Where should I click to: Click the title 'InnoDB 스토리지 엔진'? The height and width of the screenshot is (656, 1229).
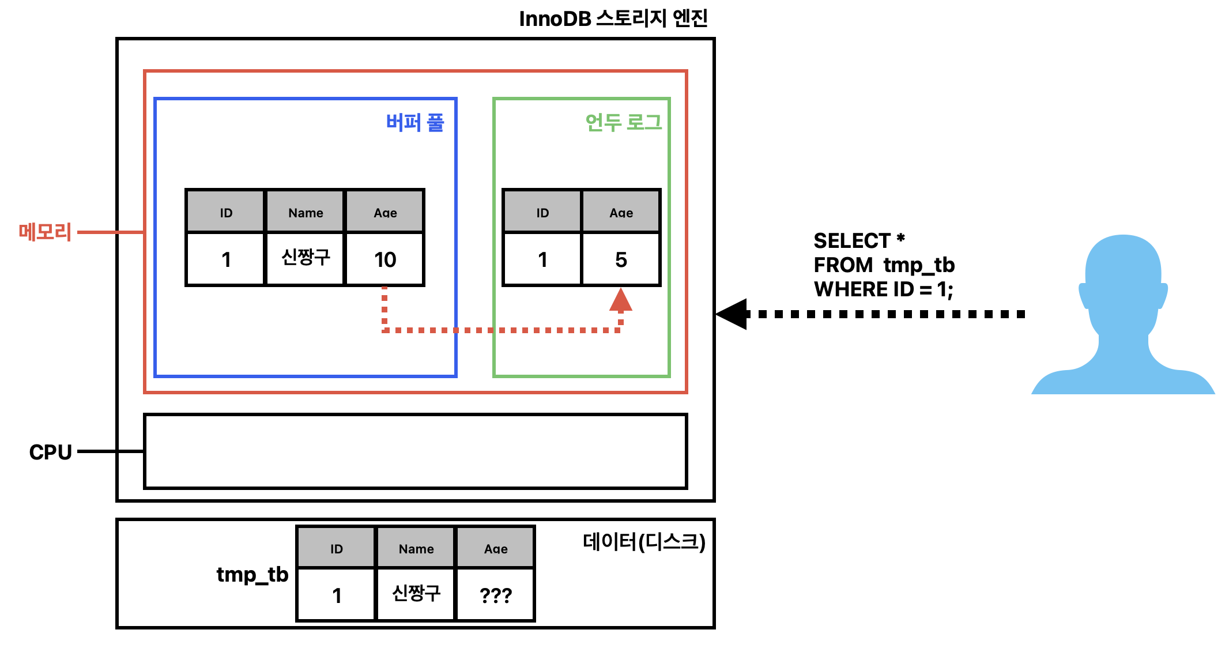click(x=613, y=19)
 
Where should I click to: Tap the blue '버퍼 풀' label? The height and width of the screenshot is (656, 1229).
click(x=415, y=122)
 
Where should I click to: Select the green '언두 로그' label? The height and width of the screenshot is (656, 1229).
click(x=623, y=122)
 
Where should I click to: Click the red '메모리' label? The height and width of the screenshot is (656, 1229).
click(x=45, y=232)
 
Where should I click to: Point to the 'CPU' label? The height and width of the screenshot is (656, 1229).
click(x=51, y=452)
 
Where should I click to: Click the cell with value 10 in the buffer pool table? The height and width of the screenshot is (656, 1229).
click(x=385, y=259)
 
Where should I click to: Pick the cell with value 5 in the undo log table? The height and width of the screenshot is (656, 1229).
click(x=621, y=259)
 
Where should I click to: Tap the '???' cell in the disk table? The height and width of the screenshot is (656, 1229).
click(x=496, y=595)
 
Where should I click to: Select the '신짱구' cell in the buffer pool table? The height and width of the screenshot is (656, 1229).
click(x=306, y=258)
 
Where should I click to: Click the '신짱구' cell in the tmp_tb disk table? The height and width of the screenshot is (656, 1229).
click(x=416, y=594)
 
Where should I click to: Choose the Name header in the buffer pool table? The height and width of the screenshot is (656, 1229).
click(x=306, y=213)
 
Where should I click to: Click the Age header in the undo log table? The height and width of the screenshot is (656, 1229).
click(x=621, y=213)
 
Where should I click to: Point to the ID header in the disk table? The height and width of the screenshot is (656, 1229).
click(x=337, y=549)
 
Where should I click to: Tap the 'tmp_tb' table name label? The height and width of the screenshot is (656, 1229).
click(x=252, y=575)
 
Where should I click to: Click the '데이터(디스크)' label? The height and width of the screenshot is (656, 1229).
click(x=644, y=541)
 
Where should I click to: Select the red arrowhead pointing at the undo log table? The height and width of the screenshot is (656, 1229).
click(x=621, y=300)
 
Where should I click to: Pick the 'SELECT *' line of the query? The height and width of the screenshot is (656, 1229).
click(x=859, y=240)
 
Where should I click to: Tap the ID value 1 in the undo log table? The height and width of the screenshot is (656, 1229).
click(x=542, y=259)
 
